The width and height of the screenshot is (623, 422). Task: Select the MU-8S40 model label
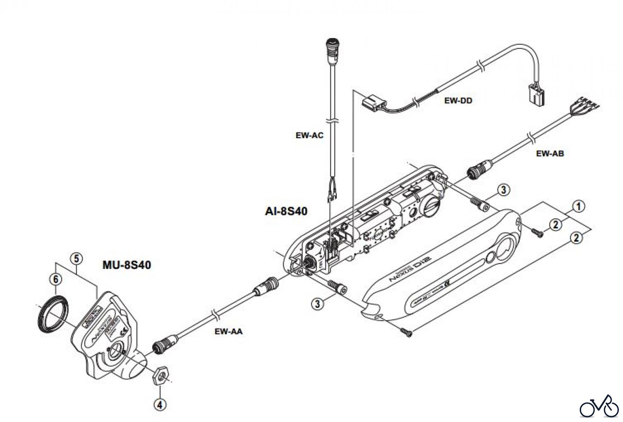(x=127, y=265)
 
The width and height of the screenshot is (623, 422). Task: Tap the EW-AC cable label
(x=309, y=135)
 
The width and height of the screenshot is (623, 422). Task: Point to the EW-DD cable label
(x=458, y=101)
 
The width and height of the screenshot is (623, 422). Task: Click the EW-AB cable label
(x=550, y=153)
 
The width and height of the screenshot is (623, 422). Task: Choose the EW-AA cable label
(x=228, y=331)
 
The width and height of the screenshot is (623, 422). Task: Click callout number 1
(x=578, y=206)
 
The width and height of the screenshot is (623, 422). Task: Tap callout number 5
(x=76, y=259)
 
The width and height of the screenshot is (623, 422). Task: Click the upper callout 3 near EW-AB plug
(x=503, y=190)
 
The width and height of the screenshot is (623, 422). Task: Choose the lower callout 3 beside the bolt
(x=317, y=304)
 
